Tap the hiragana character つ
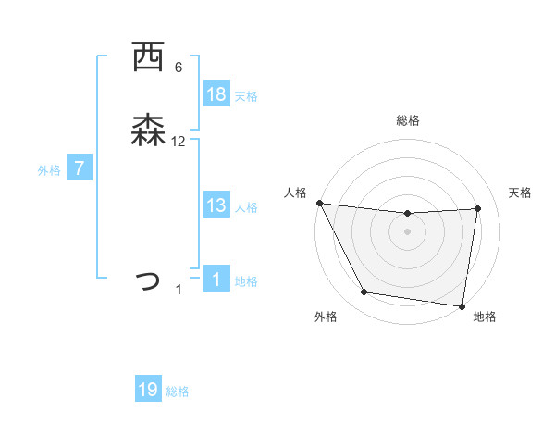pos(148,280)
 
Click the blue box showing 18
pos(216,94)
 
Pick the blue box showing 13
pos(216,205)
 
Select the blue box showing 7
pos(80,168)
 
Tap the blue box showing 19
pos(148,390)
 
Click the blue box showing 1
pos(216,280)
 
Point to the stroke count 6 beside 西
pos(179,68)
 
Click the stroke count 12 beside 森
pos(179,142)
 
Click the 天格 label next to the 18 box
pos(246,95)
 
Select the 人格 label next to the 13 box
pos(246,206)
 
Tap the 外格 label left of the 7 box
pos(49,169)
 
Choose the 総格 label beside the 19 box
pos(178,391)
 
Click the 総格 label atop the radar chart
pos(408,120)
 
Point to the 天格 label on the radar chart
pos(521,193)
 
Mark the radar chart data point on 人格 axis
pos(320,203)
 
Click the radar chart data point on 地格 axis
pos(462,305)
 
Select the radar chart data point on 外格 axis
pos(364,293)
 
